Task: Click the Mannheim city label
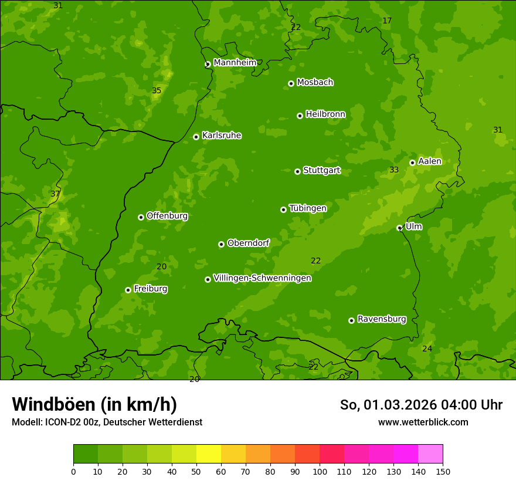point(235,62)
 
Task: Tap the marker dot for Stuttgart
point(297,171)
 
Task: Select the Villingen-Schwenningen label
point(262,278)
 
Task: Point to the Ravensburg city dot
point(351,320)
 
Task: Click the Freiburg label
point(150,289)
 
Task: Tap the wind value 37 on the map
point(55,194)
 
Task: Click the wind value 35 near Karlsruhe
point(157,90)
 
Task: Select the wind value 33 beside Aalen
point(394,170)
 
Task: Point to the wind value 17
point(387,21)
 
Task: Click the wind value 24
point(427,349)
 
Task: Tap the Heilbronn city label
point(325,114)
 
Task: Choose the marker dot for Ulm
point(399,228)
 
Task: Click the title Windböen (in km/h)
point(94,404)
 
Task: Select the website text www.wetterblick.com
point(423,422)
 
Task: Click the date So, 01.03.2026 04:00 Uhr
point(421,405)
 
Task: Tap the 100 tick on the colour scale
point(320,471)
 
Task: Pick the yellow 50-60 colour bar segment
point(209,454)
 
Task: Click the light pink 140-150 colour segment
point(430,454)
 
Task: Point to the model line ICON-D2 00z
point(107,422)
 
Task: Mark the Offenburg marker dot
point(141,217)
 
